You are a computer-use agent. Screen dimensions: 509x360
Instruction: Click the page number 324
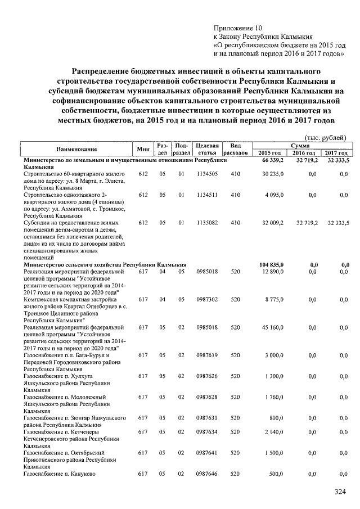tap(339, 492)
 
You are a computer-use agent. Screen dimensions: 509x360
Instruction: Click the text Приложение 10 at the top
tap(238, 28)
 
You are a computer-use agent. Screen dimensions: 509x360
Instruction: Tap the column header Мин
tap(143, 149)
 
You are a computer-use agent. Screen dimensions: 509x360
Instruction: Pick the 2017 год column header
tap(336, 153)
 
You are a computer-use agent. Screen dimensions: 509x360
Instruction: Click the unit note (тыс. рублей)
tap(325, 137)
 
